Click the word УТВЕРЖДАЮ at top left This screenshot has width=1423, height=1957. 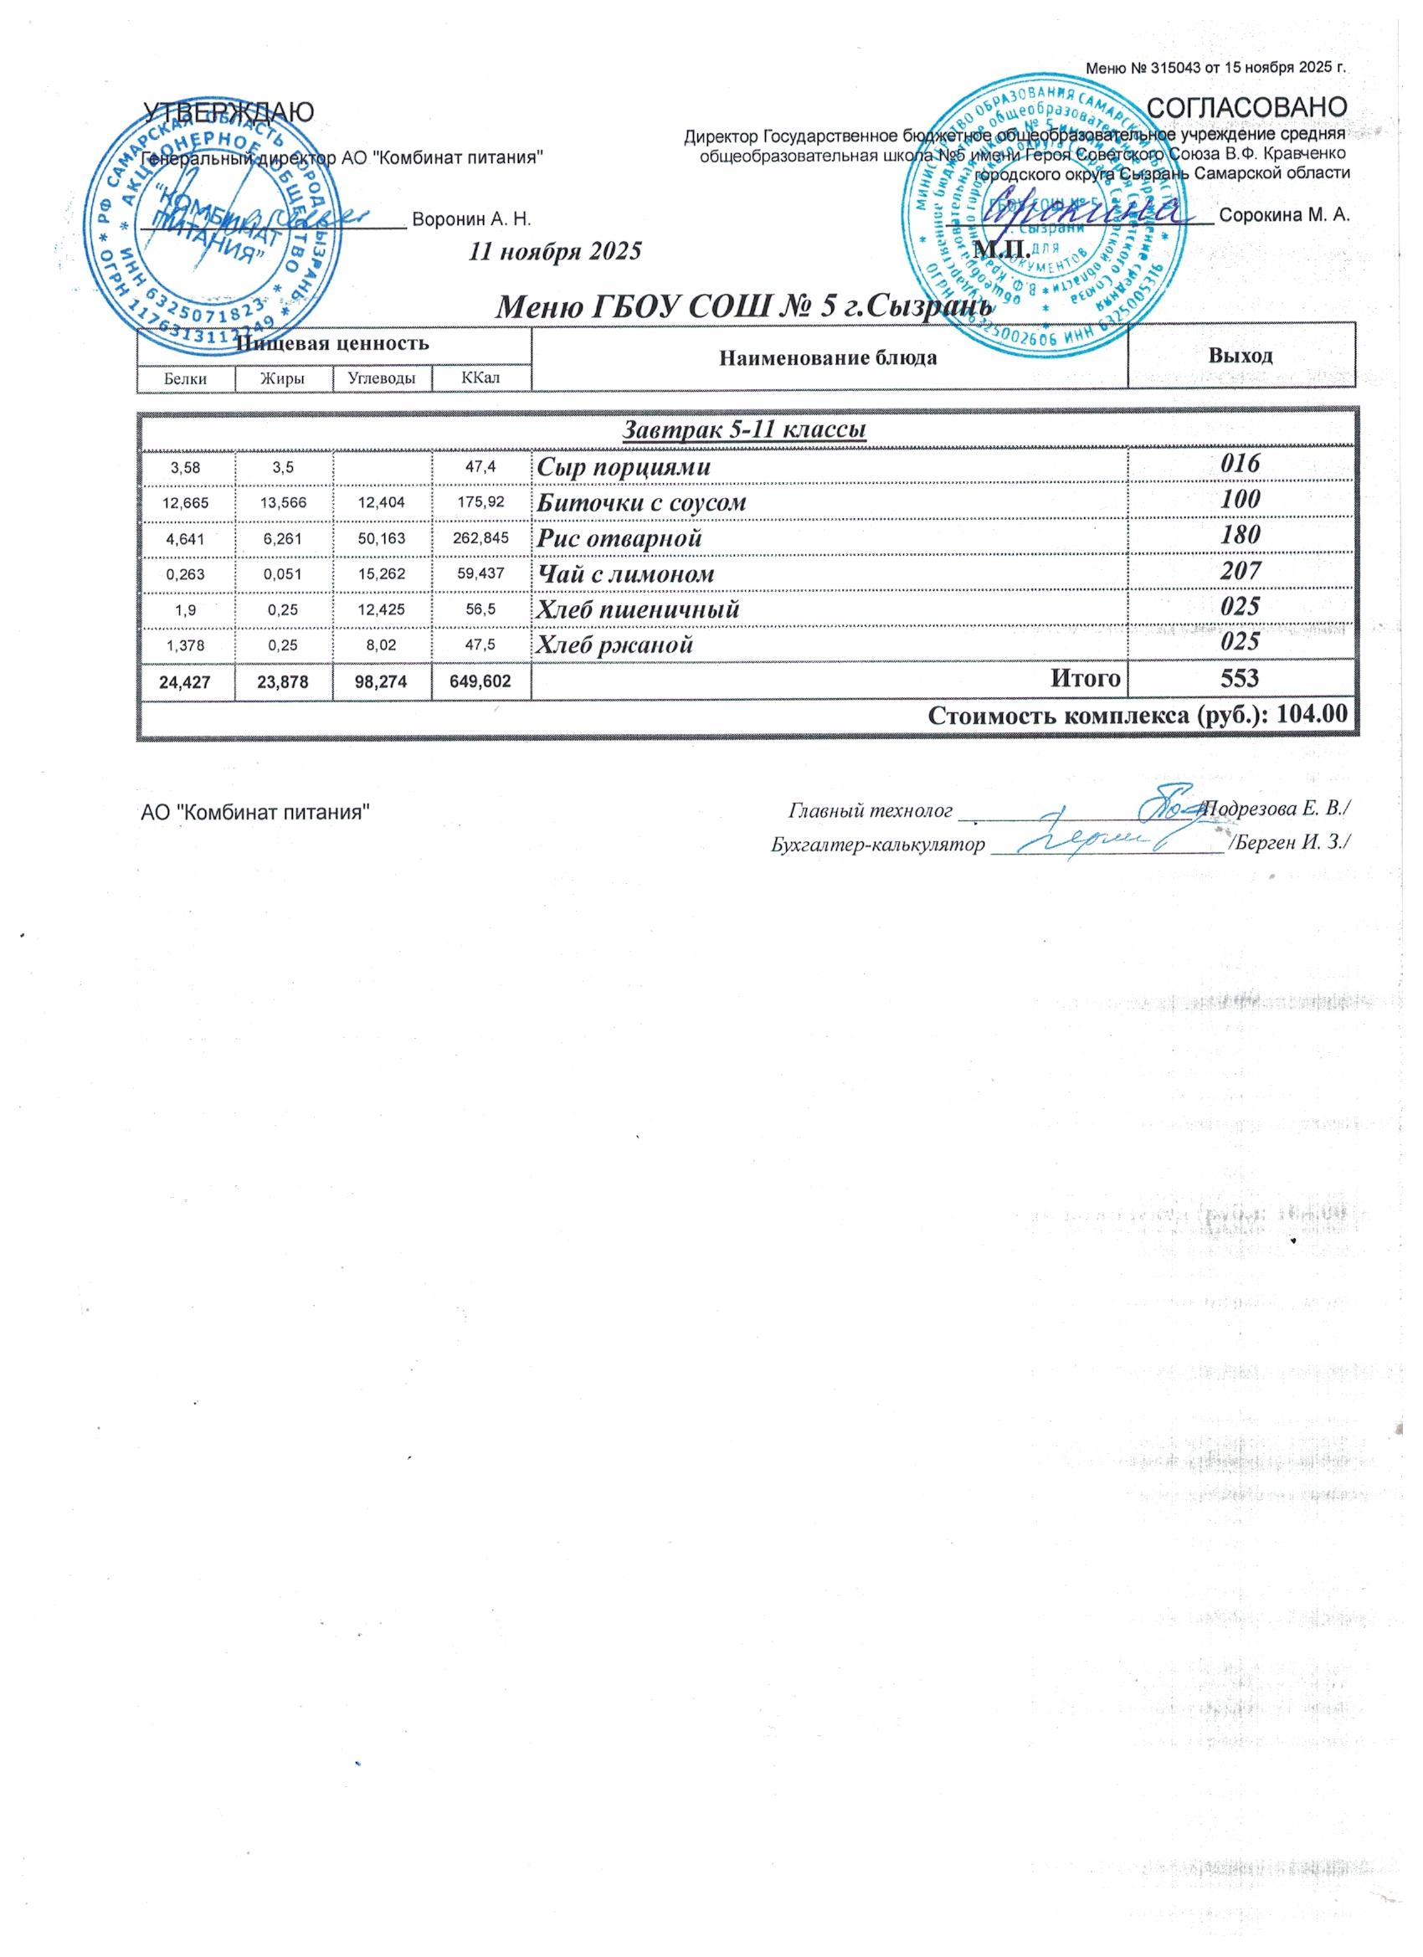coord(228,112)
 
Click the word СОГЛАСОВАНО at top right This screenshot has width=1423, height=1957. coord(1249,108)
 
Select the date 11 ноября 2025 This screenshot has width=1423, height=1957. coord(555,252)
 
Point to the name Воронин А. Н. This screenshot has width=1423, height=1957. coord(471,218)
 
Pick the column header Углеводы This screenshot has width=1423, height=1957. coord(382,378)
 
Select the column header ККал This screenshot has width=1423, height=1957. coord(480,378)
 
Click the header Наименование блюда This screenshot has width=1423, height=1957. coord(829,357)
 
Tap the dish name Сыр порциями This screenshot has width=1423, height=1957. coord(624,468)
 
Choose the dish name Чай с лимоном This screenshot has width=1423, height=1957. coord(625,574)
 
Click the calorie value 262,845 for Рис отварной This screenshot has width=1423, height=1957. coord(480,538)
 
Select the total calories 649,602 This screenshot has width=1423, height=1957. coord(480,681)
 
